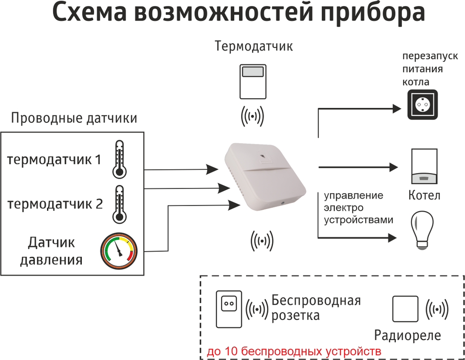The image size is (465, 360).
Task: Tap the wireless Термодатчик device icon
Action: pyautogui.click(x=253, y=82)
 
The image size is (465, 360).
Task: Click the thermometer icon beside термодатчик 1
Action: pyautogui.click(x=119, y=160)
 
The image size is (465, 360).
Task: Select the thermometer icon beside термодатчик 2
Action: pyautogui.click(x=119, y=205)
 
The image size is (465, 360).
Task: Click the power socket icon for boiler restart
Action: pyautogui.click(x=423, y=105)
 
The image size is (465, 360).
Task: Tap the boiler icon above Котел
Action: pyautogui.click(x=424, y=167)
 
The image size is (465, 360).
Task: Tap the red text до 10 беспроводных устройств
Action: pyautogui.click(x=294, y=351)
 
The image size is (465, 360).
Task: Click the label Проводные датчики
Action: pyautogui.click(x=74, y=118)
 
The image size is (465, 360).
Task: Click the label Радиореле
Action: pyautogui.click(x=408, y=335)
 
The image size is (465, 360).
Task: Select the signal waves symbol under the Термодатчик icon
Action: pyautogui.click(x=252, y=116)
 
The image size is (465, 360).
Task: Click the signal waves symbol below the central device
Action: pyautogui.click(x=262, y=240)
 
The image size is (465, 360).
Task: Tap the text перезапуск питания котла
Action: pyautogui.click(x=423, y=69)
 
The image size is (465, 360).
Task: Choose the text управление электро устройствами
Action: pyautogui.click(x=358, y=207)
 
